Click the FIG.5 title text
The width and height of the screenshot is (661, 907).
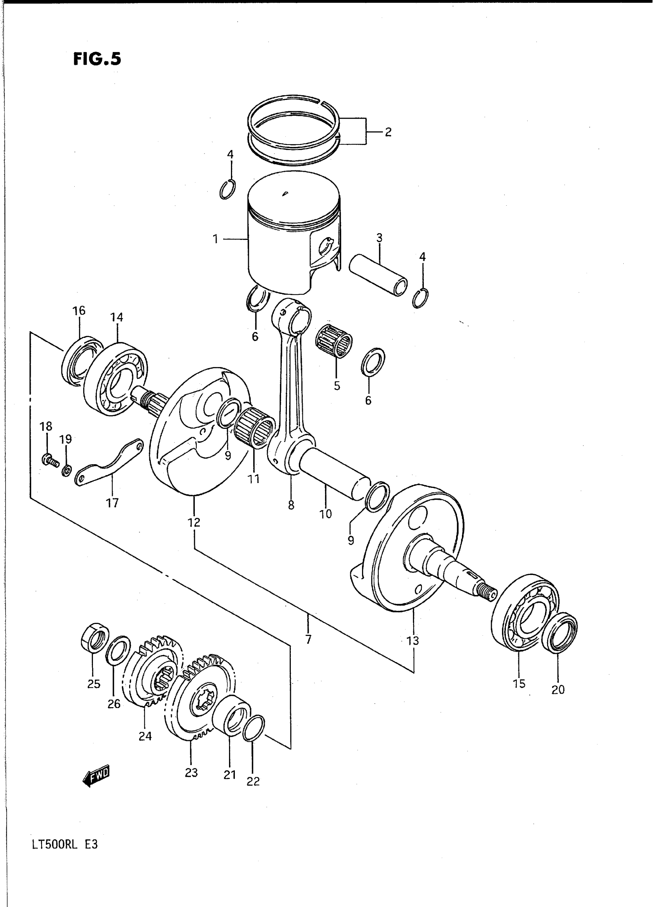(97, 59)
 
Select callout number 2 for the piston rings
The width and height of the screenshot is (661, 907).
(388, 132)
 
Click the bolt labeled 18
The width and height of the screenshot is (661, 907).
(49, 460)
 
